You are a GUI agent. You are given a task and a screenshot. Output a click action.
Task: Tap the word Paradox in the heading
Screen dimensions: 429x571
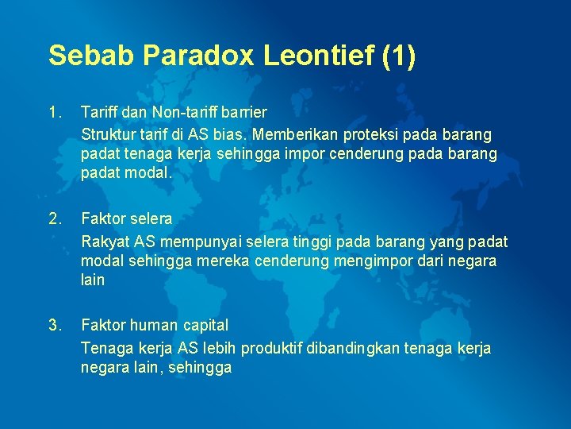pos(189,56)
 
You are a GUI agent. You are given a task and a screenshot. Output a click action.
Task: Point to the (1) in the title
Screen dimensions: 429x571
pos(398,56)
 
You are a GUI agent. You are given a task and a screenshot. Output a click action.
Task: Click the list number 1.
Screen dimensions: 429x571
pos(54,112)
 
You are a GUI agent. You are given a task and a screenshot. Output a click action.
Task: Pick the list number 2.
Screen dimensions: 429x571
pos(54,218)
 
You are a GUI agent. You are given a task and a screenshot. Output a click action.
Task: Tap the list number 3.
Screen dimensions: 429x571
pos(54,324)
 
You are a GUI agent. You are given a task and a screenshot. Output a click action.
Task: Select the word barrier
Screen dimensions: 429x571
pos(244,112)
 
